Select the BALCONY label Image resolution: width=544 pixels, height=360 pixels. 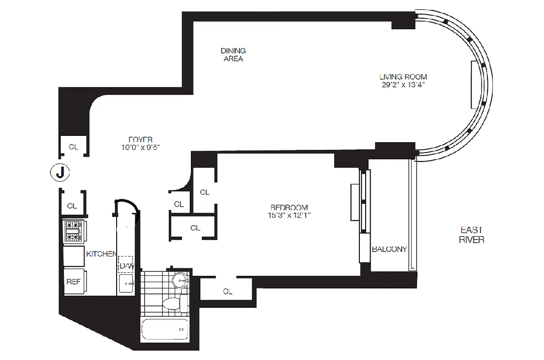click(389, 249)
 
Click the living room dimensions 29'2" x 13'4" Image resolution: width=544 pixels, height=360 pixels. click(403, 84)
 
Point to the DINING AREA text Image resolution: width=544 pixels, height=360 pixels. click(233, 55)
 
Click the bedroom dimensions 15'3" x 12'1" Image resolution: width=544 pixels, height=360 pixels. click(289, 215)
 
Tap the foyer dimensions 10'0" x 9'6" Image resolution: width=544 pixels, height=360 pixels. click(140, 147)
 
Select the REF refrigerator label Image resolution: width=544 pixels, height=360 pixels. click(73, 282)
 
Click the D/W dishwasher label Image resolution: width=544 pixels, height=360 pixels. click(127, 265)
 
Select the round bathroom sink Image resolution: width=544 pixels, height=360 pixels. click(180, 280)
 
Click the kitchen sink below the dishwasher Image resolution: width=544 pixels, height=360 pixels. click(127, 283)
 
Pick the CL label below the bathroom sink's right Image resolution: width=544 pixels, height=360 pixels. click(227, 291)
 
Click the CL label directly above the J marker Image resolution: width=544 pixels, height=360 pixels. click(73, 147)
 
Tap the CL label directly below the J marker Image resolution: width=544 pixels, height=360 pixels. click(72, 206)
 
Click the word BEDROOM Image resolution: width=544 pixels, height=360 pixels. click(289, 207)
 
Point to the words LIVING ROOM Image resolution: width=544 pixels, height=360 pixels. click(403, 76)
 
